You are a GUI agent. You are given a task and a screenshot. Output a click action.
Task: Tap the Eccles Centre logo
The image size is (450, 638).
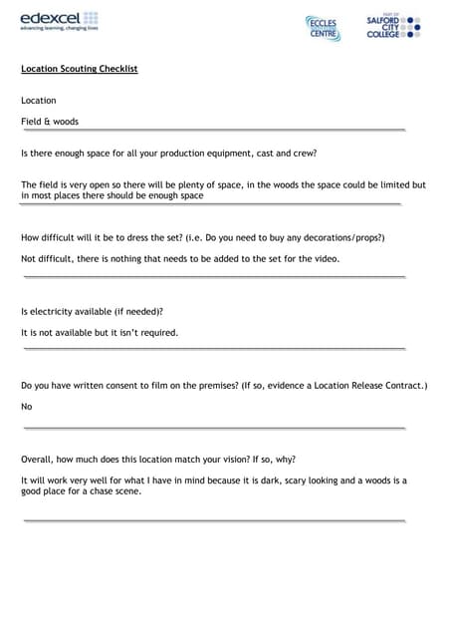click(323, 27)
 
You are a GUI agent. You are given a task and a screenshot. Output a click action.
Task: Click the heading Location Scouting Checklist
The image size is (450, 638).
click(80, 69)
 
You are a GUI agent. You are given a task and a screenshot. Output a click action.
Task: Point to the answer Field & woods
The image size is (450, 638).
click(50, 122)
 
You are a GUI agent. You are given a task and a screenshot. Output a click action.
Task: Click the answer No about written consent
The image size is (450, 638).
click(27, 407)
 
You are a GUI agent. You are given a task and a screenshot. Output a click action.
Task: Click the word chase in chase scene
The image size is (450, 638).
click(99, 490)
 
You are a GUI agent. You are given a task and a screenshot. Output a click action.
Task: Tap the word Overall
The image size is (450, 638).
click(39, 460)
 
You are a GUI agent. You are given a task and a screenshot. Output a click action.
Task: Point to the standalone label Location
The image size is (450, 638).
click(39, 101)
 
